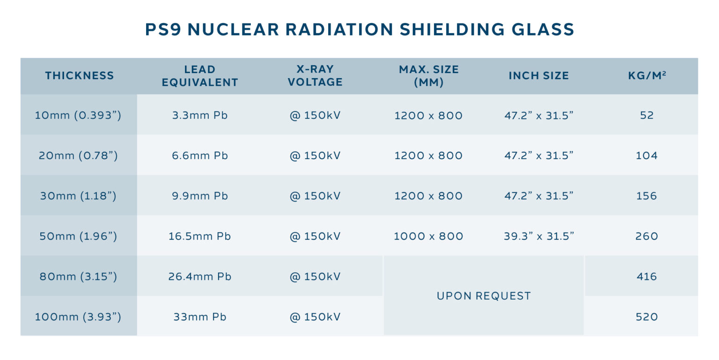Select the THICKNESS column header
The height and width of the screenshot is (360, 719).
pos(79,76)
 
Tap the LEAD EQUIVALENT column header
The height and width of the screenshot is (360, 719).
pos(200,76)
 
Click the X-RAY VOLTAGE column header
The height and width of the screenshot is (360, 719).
pos(315,76)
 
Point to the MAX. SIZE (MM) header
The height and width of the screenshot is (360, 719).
pos(429,76)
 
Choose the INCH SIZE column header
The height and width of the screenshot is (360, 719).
pos(539,76)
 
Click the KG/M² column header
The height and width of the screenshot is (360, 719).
pos(647,76)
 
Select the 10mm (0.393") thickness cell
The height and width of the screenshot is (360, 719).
pos(78,115)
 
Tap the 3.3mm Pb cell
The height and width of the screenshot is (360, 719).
pos(200,115)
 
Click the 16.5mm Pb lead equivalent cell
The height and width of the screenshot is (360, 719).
pos(200,236)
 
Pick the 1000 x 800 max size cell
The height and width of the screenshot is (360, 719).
pos(428,236)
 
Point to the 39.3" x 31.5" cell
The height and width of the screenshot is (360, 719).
pos(539,236)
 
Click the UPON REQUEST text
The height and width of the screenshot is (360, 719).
pos(484,296)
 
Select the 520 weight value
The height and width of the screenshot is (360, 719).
pos(647,317)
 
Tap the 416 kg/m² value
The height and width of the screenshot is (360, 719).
pos(647,277)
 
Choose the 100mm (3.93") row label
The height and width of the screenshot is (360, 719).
pos(78,317)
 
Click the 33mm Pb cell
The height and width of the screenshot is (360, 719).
pos(200,317)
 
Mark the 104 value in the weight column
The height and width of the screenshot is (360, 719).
pos(647,155)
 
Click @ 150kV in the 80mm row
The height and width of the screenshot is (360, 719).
pos(315,277)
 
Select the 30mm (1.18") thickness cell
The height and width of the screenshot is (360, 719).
pos(78,196)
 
